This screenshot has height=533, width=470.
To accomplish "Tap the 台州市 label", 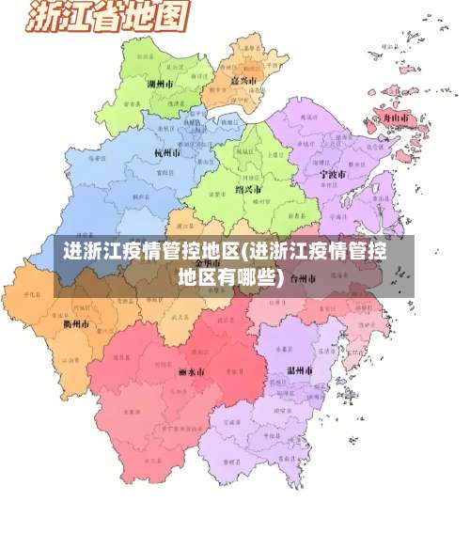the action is pyautogui.click(x=304, y=278).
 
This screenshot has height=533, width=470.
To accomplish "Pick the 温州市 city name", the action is pyautogui.click(x=300, y=370).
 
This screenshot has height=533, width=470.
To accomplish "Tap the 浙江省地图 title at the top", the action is pyautogui.click(x=109, y=17).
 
